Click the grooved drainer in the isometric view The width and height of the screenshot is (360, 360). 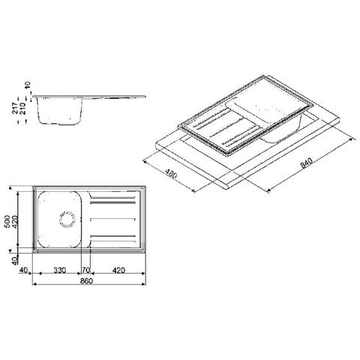tap(223, 129)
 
